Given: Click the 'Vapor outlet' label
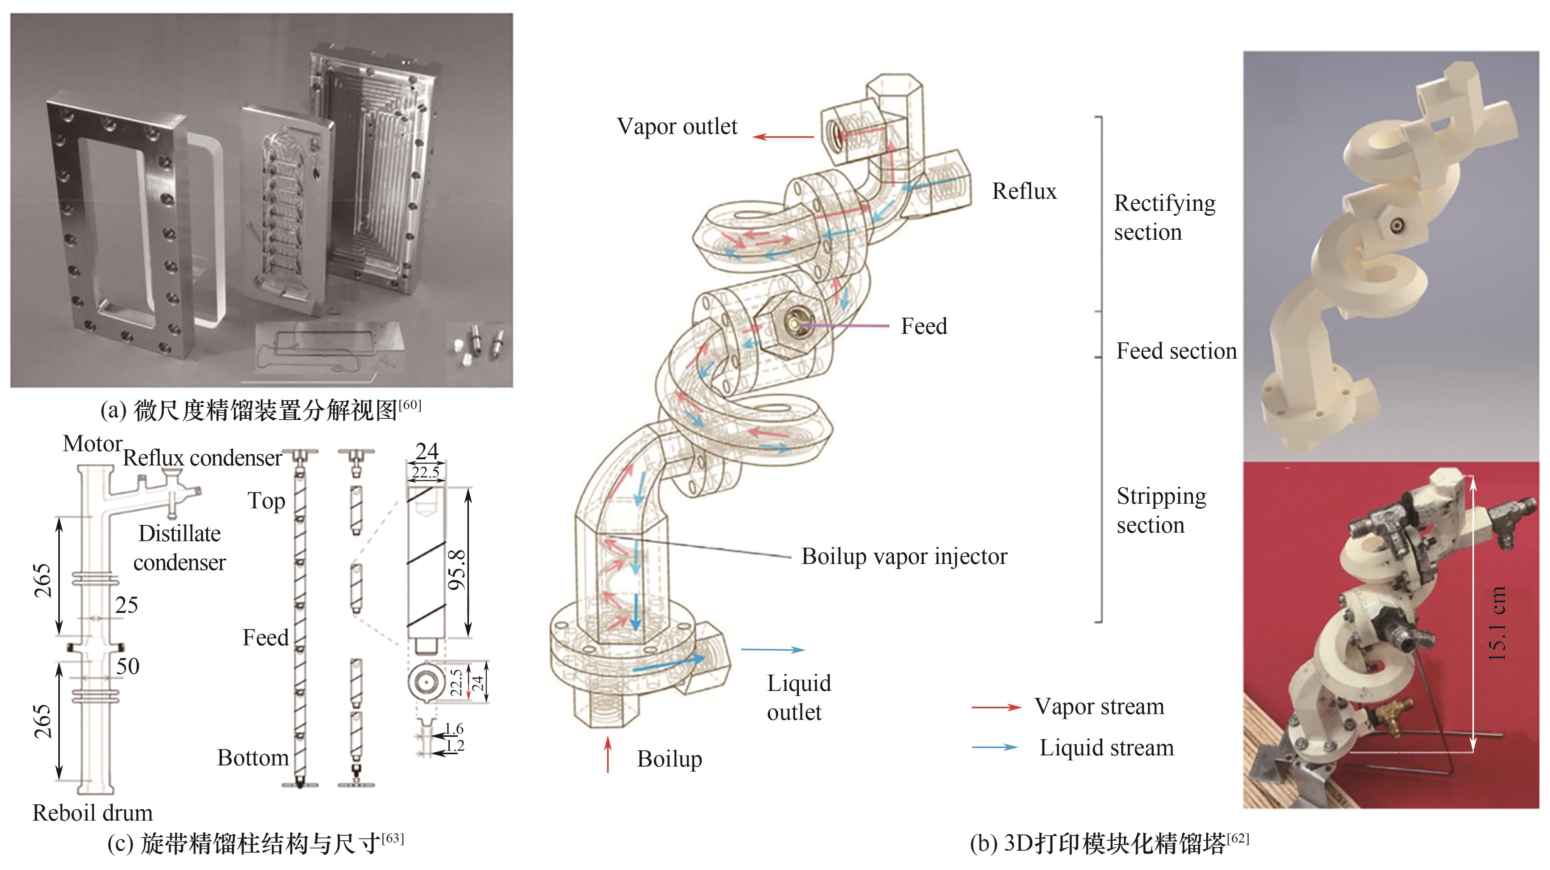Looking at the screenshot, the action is [x=677, y=126].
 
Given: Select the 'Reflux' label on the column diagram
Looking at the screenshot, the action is [x=1024, y=191].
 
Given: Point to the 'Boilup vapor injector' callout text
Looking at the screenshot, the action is [x=904, y=557].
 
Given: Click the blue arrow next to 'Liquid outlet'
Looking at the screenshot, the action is [x=773, y=650].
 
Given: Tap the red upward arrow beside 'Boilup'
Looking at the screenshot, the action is [x=608, y=754].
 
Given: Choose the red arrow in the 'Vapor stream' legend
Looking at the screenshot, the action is [x=997, y=708].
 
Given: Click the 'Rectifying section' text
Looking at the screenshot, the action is [x=1164, y=218].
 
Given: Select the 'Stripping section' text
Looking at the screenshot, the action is [x=1161, y=510].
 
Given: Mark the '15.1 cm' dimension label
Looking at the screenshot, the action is [x=1497, y=624].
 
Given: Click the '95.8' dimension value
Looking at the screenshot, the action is [x=457, y=569].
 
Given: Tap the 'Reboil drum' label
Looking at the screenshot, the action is [x=93, y=813].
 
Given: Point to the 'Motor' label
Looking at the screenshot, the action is [x=93, y=444].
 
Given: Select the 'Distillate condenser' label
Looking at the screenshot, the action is [x=179, y=548].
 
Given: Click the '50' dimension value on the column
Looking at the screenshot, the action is [x=128, y=667].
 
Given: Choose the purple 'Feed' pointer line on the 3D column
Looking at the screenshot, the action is [x=844, y=326].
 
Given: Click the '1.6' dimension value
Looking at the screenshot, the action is [x=454, y=729].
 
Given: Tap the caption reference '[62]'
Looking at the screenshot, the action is [x=1238, y=838].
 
